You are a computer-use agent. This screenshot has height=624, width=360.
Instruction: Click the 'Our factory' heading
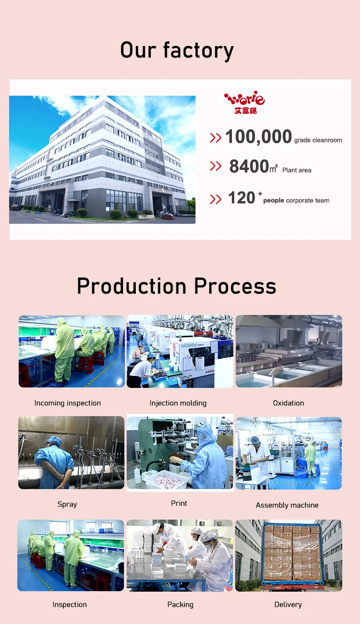point(177,50)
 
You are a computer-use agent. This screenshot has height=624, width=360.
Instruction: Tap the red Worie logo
point(244,102)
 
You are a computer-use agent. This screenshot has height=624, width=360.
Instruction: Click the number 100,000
point(258,137)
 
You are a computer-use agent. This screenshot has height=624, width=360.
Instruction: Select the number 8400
point(249,166)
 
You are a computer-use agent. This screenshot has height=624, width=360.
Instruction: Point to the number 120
point(242,198)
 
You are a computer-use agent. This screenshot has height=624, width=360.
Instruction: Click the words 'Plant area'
point(297,170)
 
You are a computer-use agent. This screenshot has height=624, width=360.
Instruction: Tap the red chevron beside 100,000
point(216,138)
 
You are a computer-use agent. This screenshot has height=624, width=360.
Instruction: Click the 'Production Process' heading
point(176,286)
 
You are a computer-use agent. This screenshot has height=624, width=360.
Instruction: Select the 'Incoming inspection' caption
point(67,403)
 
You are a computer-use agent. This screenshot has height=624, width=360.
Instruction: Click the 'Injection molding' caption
point(178,403)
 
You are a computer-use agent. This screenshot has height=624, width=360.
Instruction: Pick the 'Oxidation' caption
point(288,403)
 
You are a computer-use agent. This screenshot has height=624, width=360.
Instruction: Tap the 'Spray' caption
point(67,504)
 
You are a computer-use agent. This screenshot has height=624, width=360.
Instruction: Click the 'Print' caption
point(179,503)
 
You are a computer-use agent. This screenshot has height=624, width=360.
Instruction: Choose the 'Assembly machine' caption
point(287,505)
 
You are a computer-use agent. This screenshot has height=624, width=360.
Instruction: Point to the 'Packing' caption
point(180,604)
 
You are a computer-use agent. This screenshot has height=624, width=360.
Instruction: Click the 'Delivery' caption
point(288,604)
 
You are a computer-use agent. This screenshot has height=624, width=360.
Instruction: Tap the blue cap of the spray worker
point(54,441)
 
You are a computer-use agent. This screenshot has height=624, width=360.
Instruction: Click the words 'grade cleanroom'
point(318,140)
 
